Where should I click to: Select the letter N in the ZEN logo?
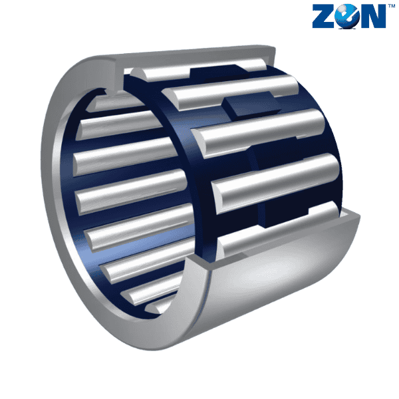372,16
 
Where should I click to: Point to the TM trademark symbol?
391,5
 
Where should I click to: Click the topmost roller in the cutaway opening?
198,69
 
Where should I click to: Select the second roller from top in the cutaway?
230,92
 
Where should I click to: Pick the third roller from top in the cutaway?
258,132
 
